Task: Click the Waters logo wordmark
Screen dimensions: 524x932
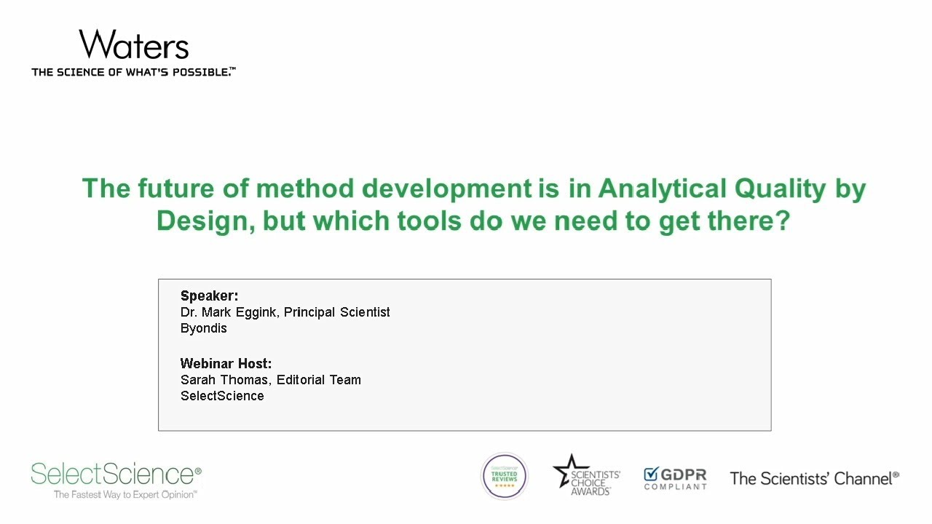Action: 134,45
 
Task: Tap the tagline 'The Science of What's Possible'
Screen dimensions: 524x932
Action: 133,72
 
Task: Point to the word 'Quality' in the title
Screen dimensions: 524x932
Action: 778,188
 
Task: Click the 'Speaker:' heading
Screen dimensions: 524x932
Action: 209,295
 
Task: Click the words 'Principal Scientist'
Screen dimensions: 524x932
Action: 337,312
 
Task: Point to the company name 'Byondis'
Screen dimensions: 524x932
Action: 203,328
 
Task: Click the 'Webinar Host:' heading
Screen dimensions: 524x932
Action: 226,363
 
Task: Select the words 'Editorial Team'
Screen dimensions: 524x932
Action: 319,380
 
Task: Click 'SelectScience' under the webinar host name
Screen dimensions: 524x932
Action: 222,396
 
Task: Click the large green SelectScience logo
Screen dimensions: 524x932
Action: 116,475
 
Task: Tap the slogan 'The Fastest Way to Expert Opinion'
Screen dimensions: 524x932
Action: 125,495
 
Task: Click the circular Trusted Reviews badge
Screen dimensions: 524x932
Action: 504,477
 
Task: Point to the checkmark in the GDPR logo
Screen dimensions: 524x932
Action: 651,475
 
